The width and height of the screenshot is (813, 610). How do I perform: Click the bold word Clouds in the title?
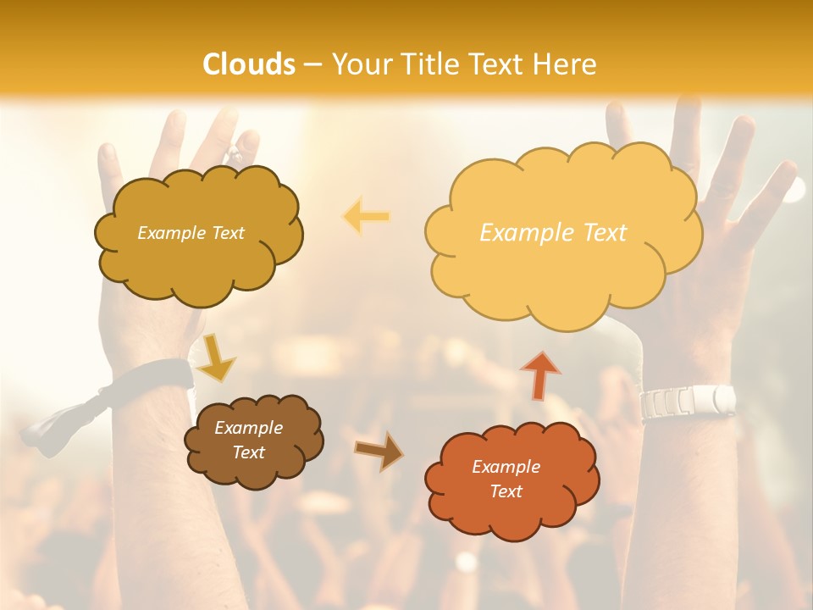249,64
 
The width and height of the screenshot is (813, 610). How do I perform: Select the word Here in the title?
567,64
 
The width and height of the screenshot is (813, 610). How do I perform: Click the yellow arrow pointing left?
366,217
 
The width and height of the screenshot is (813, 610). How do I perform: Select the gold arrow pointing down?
216,357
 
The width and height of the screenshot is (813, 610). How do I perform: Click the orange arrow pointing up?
540,374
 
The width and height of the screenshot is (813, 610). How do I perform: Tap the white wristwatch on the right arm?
688,401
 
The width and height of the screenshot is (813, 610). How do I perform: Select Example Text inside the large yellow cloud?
553,232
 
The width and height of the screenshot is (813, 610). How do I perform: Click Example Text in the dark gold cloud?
191,232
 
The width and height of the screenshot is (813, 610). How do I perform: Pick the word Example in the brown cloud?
248,428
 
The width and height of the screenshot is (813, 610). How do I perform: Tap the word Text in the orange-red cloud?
506,491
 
